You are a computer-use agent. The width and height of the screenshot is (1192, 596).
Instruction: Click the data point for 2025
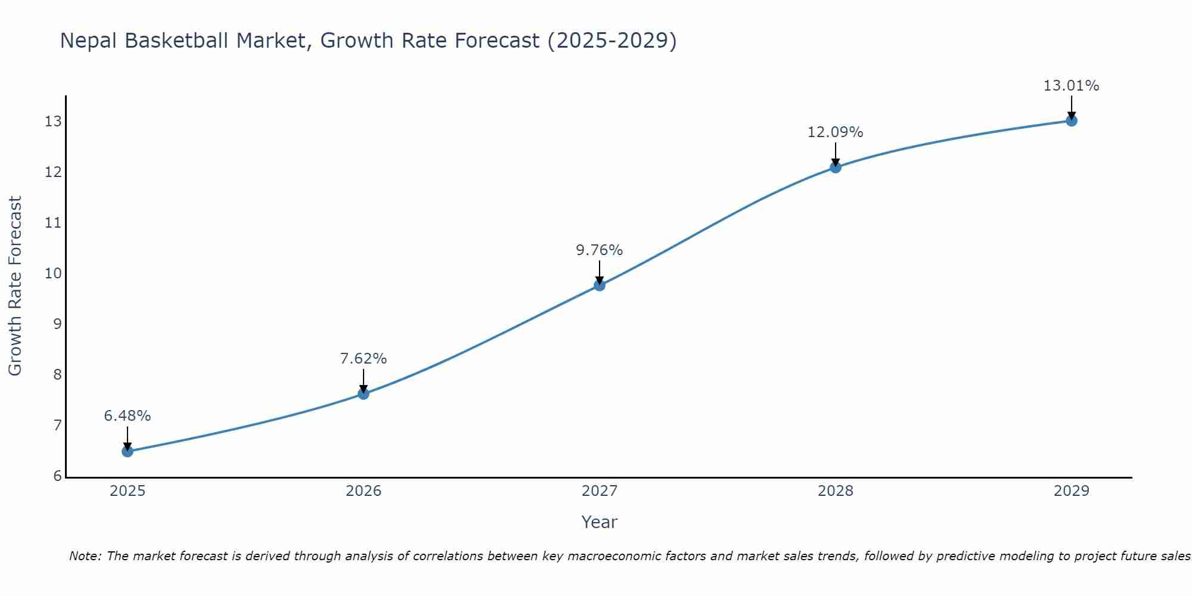point(128,451)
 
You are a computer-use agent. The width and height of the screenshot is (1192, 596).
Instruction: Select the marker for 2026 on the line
point(364,393)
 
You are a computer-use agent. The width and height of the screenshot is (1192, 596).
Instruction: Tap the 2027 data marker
point(600,285)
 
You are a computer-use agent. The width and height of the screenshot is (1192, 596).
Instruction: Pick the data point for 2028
point(836,167)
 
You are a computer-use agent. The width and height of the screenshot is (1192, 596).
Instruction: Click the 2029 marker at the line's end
point(1072,121)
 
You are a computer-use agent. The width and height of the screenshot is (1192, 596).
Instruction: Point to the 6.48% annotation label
point(128,415)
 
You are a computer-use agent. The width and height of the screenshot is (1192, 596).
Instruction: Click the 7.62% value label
point(364,358)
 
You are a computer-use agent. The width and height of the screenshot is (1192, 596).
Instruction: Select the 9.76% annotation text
point(600,250)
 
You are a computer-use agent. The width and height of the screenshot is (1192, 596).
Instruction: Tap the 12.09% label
point(836,132)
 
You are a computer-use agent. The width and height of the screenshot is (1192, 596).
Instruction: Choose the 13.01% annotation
point(1072,85)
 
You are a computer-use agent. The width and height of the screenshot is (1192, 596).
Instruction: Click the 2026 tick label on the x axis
point(364,491)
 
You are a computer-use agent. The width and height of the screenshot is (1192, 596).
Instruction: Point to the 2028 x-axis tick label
point(836,491)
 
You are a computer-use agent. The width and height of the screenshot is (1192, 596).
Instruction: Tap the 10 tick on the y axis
point(53,274)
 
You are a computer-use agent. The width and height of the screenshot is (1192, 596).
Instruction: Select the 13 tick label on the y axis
point(53,122)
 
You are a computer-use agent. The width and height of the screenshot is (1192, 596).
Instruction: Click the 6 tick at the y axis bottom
point(57,476)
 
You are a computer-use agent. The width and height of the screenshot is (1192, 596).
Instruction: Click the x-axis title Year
point(600,522)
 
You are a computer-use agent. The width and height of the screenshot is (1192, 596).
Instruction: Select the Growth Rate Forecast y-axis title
point(15,286)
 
